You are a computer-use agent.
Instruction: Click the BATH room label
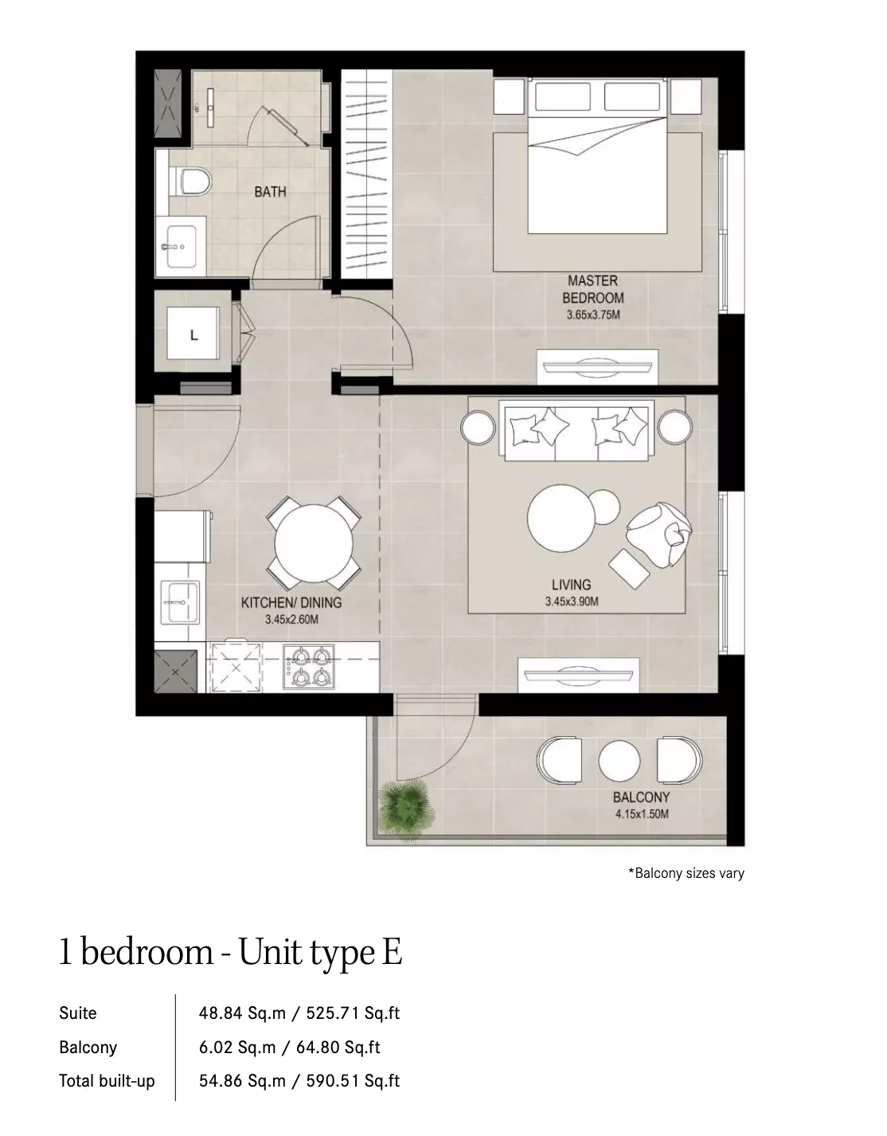pyautogui.click(x=270, y=192)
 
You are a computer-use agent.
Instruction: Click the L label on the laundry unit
pyautogui.click(x=193, y=335)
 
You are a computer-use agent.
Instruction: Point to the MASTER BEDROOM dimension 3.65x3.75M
pyautogui.click(x=593, y=315)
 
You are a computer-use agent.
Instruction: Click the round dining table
pyautogui.click(x=314, y=543)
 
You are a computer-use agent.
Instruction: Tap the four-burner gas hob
pyautogui.click(x=309, y=667)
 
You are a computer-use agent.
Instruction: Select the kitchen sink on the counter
pyautogui.click(x=180, y=601)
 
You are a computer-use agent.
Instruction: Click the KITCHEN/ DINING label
pyautogui.click(x=291, y=603)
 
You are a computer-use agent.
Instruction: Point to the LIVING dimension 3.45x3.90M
pyautogui.click(x=572, y=601)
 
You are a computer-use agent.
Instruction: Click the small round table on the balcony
pyautogui.click(x=619, y=761)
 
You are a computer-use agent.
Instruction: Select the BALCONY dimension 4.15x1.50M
pyautogui.click(x=642, y=813)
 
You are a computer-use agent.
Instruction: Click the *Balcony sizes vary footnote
pyautogui.click(x=686, y=873)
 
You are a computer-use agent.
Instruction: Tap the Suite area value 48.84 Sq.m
pyautogui.click(x=242, y=1013)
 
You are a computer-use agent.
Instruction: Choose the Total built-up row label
pyautogui.click(x=107, y=1080)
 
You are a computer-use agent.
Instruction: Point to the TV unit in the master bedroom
pyautogui.click(x=598, y=366)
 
